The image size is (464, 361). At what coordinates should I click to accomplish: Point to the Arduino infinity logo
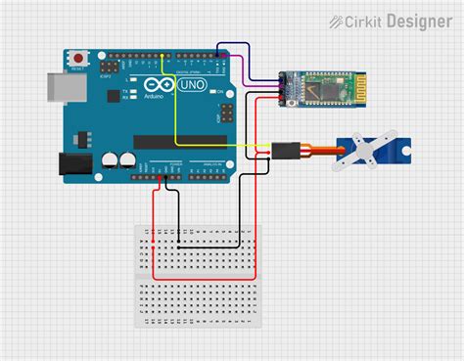click(158, 87)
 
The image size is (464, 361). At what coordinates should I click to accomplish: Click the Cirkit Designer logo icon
click(337, 20)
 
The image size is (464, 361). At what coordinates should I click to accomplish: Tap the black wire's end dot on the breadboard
click(180, 245)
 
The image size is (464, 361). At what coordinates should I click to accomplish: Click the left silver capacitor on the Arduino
click(111, 158)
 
